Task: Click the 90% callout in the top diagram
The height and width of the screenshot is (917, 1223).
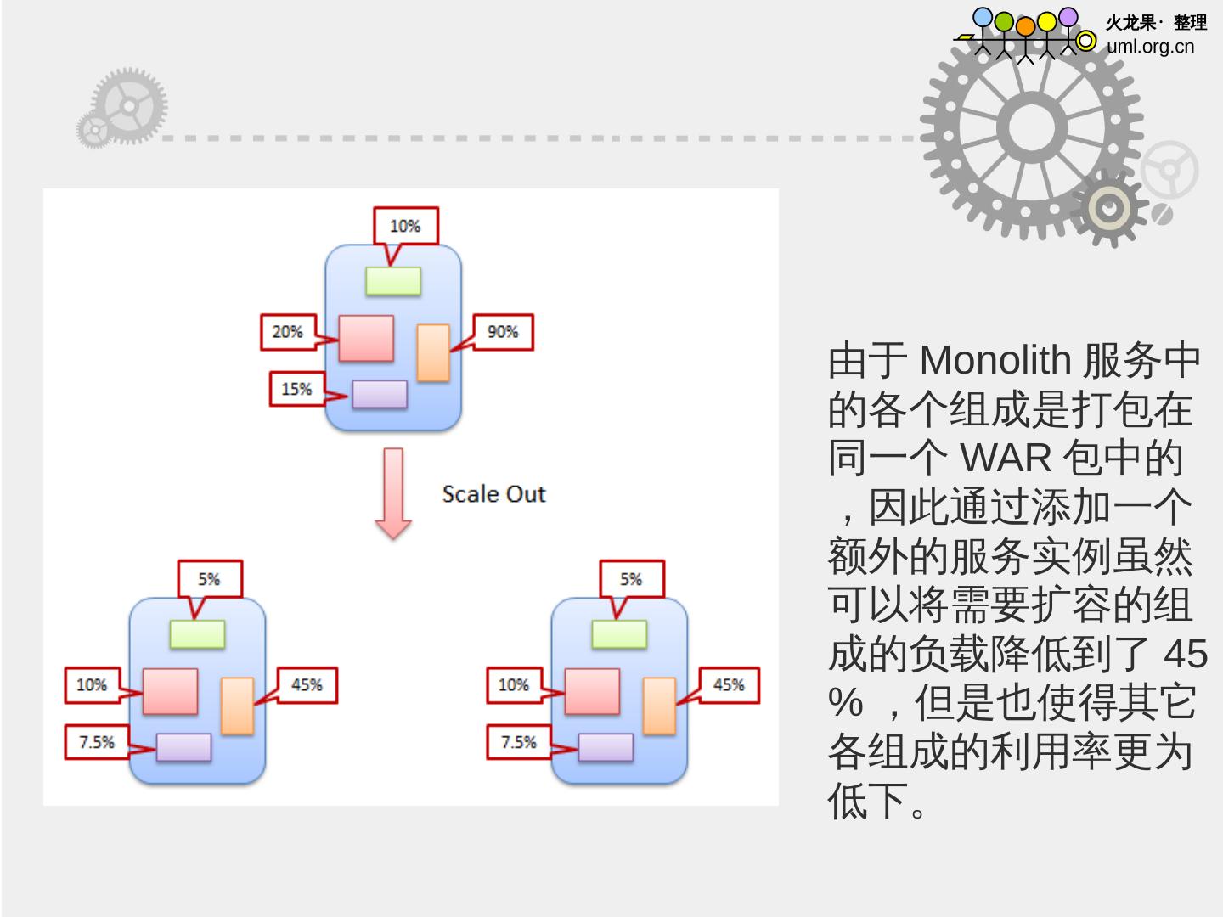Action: click(x=503, y=332)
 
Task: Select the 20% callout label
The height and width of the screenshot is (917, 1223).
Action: click(x=288, y=332)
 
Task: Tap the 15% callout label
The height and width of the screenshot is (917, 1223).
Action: click(x=296, y=389)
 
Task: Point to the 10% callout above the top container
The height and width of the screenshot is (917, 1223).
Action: click(x=405, y=226)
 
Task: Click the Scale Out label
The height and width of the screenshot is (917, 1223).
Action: click(x=493, y=494)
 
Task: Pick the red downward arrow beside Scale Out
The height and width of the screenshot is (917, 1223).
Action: click(x=393, y=493)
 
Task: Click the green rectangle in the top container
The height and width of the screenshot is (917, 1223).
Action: click(x=393, y=281)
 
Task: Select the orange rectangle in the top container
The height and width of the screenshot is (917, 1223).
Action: click(x=433, y=353)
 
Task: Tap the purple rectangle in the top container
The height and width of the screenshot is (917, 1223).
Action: click(x=380, y=394)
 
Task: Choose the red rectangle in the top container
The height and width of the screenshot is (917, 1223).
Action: click(x=366, y=338)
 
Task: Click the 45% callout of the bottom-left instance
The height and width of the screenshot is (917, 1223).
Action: click(x=307, y=685)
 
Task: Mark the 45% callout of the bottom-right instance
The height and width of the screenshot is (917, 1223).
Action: click(x=729, y=685)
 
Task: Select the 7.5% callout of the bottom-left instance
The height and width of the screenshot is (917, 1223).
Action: click(x=97, y=742)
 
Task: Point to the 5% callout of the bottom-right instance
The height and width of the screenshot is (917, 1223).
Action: click(x=631, y=579)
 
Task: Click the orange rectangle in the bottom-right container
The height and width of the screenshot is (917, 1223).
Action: click(x=659, y=706)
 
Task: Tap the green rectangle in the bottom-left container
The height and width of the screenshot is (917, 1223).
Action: click(x=197, y=634)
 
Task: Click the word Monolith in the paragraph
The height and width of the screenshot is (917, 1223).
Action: click(x=995, y=361)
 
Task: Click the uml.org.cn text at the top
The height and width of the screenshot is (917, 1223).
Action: click(x=1150, y=47)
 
